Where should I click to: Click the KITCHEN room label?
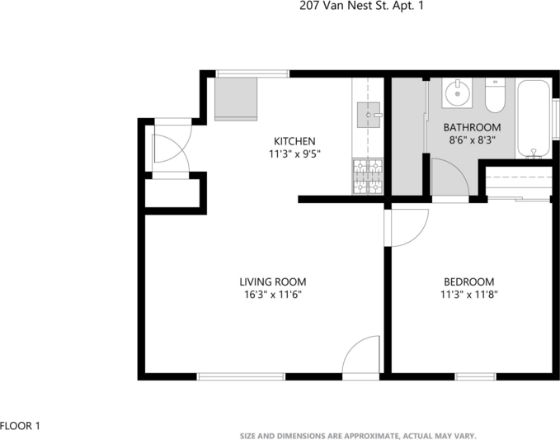pos(294,141)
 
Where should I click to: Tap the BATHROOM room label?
pos(473,127)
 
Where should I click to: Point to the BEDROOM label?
pos(469,282)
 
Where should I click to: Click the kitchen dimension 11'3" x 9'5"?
pos(294,154)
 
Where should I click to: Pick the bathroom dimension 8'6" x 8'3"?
pos(473,140)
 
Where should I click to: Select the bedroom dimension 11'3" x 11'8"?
pos(469,294)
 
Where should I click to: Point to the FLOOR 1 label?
pos(21,426)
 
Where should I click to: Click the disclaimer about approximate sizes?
pos(358,435)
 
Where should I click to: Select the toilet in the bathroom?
pos(496,97)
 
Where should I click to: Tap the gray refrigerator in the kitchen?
pos(235,98)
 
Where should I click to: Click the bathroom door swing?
pos(449,179)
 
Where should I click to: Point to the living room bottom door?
pos(361,358)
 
